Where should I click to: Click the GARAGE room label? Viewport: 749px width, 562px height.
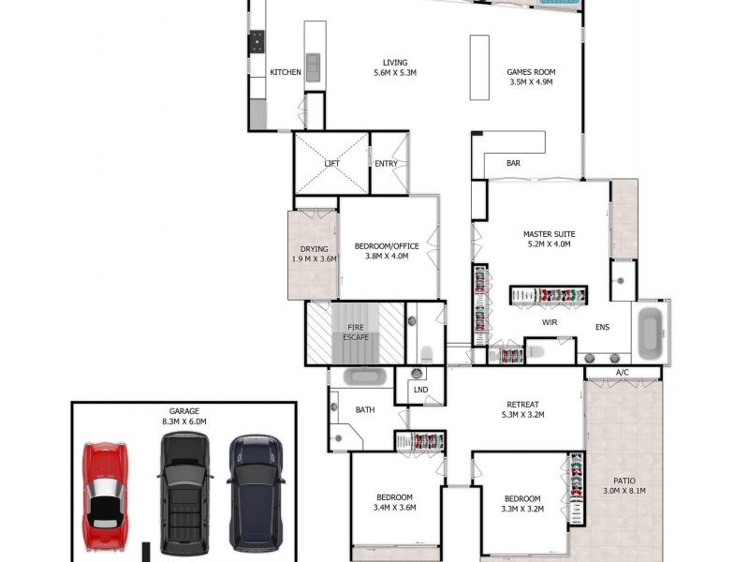point(184,411)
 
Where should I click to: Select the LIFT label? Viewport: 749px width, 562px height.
point(331,164)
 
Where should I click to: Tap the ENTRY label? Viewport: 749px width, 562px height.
point(386,164)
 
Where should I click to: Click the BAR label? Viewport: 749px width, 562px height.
point(513,164)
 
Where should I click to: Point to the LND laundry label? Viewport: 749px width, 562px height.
point(419,390)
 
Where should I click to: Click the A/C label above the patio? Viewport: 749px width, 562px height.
point(623,373)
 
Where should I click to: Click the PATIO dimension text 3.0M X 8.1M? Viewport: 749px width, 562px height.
point(624,491)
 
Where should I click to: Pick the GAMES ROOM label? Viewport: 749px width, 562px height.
point(531,72)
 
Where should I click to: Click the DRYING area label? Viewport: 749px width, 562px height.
point(314,249)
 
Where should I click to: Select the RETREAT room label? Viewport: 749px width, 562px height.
point(523,405)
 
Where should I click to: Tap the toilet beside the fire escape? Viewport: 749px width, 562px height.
point(427,353)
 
